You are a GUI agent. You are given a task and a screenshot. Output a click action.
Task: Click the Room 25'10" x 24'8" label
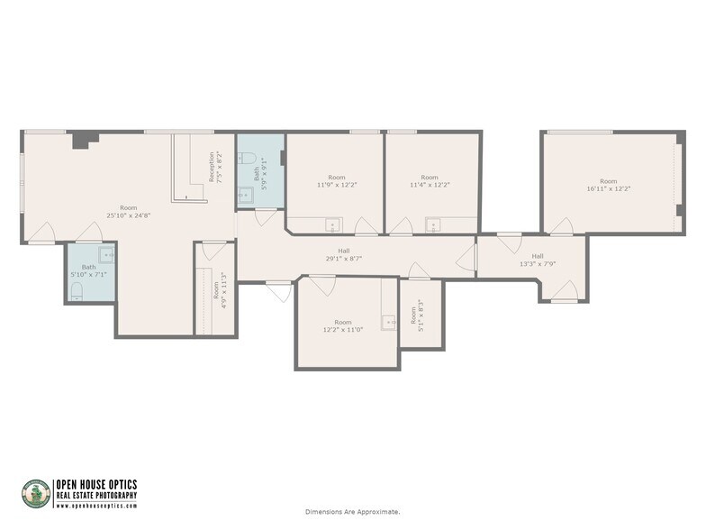pyautogui.click(x=128, y=211)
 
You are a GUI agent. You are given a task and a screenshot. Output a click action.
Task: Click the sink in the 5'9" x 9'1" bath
pyautogui.click(x=245, y=193)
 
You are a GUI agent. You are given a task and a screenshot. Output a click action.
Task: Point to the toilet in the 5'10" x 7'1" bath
pyautogui.click(x=78, y=289)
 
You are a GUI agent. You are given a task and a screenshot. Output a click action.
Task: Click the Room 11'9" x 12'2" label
pyautogui.click(x=336, y=181)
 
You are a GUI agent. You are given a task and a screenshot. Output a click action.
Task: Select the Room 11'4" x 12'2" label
pyautogui.click(x=430, y=181)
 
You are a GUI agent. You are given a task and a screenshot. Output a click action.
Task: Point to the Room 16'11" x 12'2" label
pyautogui.click(x=609, y=185)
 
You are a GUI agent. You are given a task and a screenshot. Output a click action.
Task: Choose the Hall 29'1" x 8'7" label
pyautogui.click(x=344, y=255)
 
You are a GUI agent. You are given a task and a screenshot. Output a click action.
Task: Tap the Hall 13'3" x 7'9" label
pyautogui.click(x=538, y=260)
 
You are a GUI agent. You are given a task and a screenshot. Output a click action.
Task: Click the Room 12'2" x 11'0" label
pyautogui.click(x=343, y=325)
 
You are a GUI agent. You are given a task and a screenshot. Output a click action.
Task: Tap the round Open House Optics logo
pyautogui.click(x=36, y=493)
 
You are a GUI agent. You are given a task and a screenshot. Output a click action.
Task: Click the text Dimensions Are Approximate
pyautogui.click(x=352, y=512)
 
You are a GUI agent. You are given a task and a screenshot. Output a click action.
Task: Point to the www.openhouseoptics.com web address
pyautogui.click(x=96, y=506)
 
